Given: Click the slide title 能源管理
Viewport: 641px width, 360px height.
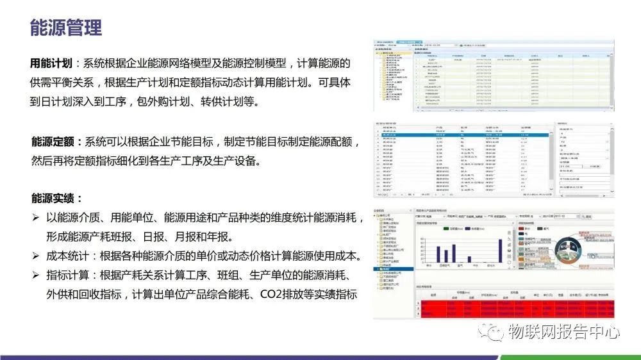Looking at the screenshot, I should [x=66, y=28].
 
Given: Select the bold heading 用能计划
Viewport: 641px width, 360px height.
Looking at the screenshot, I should [x=52, y=63].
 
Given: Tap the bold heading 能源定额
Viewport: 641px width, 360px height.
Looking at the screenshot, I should [x=52, y=141].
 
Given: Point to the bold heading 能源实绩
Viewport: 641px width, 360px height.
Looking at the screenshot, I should [x=52, y=198].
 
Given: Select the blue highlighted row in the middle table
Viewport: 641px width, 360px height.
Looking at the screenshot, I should [x=462, y=136].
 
